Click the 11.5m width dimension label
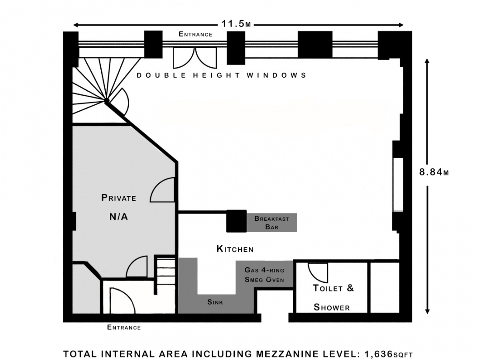tap(236, 24)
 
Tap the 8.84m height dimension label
tap(434, 172)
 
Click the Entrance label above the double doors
tap(195, 34)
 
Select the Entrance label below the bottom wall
tap(124, 327)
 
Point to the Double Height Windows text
tap(221, 75)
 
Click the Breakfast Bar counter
tap(272, 223)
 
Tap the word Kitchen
tap(235, 249)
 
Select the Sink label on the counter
tap(215, 302)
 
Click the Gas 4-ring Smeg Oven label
tap(264, 274)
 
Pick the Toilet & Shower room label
tap(333, 298)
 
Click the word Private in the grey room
tap(119, 198)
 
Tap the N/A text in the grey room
tap(118, 217)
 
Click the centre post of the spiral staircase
tap(106, 100)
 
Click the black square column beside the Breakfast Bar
tap(237, 221)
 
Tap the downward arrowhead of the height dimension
tap(427, 311)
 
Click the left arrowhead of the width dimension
tap(76, 25)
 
